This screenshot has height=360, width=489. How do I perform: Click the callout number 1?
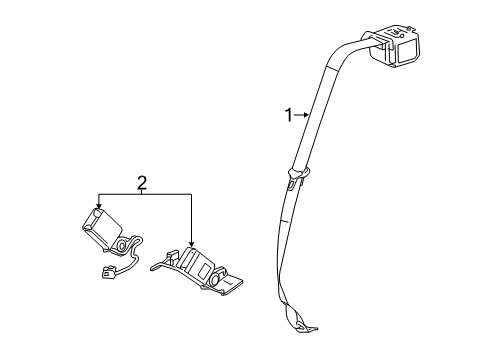(289, 116)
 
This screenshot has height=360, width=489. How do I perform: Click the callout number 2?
(142, 181)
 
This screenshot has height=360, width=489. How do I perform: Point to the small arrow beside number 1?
(304, 116)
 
